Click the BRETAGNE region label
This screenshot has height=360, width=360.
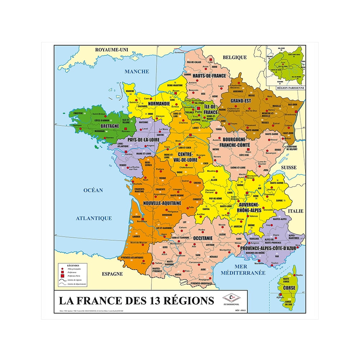coord(109,126)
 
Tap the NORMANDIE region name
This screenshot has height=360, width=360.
coord(159,104)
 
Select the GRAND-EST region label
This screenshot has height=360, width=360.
coord(241,101)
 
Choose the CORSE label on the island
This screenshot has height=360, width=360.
coord(289,288)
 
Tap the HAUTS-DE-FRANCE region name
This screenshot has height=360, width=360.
coord(209,76)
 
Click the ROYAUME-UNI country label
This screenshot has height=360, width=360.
coord(111,50)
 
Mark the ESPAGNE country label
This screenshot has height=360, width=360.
coord(112,274)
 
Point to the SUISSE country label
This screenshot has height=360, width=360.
coord(289,167)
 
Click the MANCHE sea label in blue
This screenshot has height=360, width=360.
coord(137,71)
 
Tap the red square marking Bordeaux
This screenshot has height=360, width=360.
coord(142,219)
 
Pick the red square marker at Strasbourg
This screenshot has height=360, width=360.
coord(296,112)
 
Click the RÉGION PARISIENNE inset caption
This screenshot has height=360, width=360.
coord(291,88)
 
